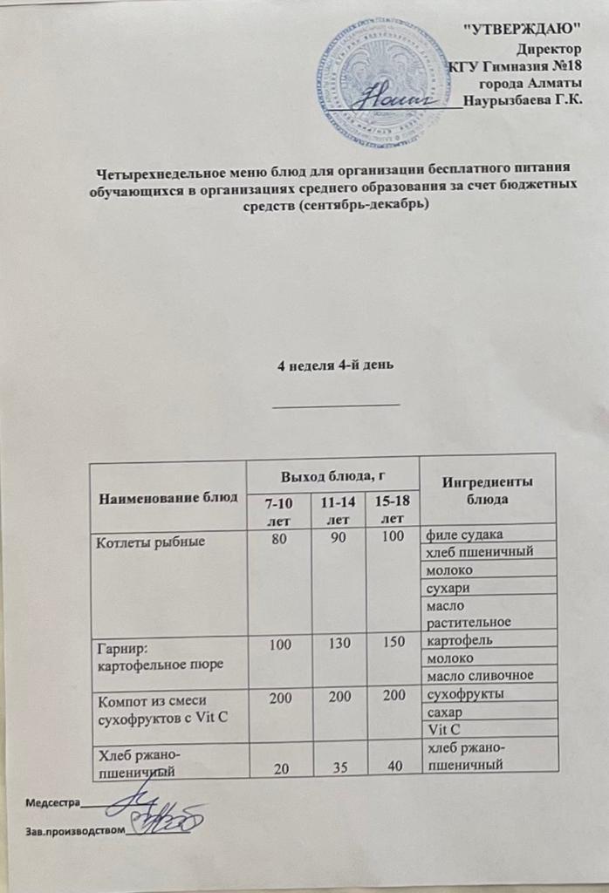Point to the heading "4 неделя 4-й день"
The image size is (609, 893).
pos(337,366)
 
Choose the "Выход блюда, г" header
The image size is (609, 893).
pos(332,476)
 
